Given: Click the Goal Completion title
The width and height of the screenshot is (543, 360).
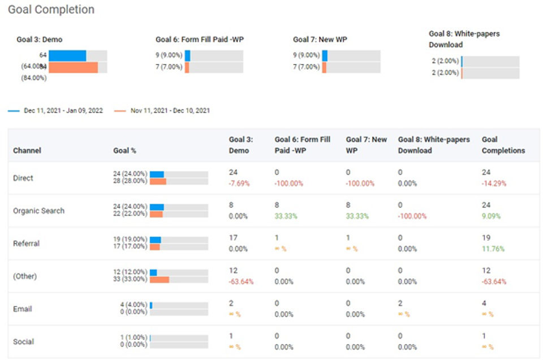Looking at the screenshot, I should (x=51, y=10).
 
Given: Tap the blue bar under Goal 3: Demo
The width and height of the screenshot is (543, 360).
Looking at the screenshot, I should (x=67, y=55).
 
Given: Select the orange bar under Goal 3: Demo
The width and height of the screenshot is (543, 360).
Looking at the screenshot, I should (x=73, y=67).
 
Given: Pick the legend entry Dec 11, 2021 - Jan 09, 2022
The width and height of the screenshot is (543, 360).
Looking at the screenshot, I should (x=63, y=111).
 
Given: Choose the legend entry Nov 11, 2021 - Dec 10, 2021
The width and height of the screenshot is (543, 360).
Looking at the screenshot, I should (x=170, y=111).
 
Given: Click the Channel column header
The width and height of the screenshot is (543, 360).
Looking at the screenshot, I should (x=27, y=151).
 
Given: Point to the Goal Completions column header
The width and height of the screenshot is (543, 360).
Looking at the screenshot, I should (x=503, y=145).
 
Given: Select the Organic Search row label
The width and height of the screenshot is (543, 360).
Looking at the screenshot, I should (x=38, y=211).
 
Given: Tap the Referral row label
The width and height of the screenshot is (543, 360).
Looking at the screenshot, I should (x=27, y=243).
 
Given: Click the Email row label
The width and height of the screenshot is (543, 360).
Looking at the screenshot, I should (x=23, y=309).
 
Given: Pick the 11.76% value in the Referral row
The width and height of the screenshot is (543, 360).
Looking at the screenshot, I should (x=493, y=249).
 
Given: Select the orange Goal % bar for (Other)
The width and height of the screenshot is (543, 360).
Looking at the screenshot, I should (x=160, y=280).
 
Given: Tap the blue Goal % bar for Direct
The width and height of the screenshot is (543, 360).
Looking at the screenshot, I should (x=157, y=174).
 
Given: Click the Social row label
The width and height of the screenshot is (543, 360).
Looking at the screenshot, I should (x=24, y=342).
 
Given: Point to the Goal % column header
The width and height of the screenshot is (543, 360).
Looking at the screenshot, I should (x=124, y=151).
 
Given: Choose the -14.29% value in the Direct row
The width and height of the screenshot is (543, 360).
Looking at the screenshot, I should (x=494, y=183).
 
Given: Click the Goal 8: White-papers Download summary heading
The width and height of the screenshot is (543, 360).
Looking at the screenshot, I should (x=464, y=39).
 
